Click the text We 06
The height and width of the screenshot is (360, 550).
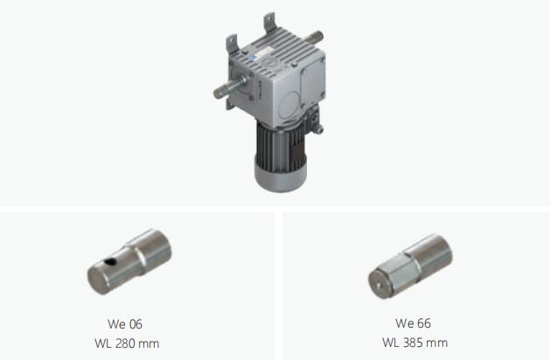125,324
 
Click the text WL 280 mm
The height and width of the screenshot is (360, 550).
127,343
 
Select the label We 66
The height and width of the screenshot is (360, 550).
413,323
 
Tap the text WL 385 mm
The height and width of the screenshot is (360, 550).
414,343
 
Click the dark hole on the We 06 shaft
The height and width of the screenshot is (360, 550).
111,260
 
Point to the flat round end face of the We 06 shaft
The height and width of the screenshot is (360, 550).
97,280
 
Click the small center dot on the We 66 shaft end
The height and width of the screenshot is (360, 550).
378,285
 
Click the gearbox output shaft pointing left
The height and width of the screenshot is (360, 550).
229,87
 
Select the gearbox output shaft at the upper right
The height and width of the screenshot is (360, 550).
314,38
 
